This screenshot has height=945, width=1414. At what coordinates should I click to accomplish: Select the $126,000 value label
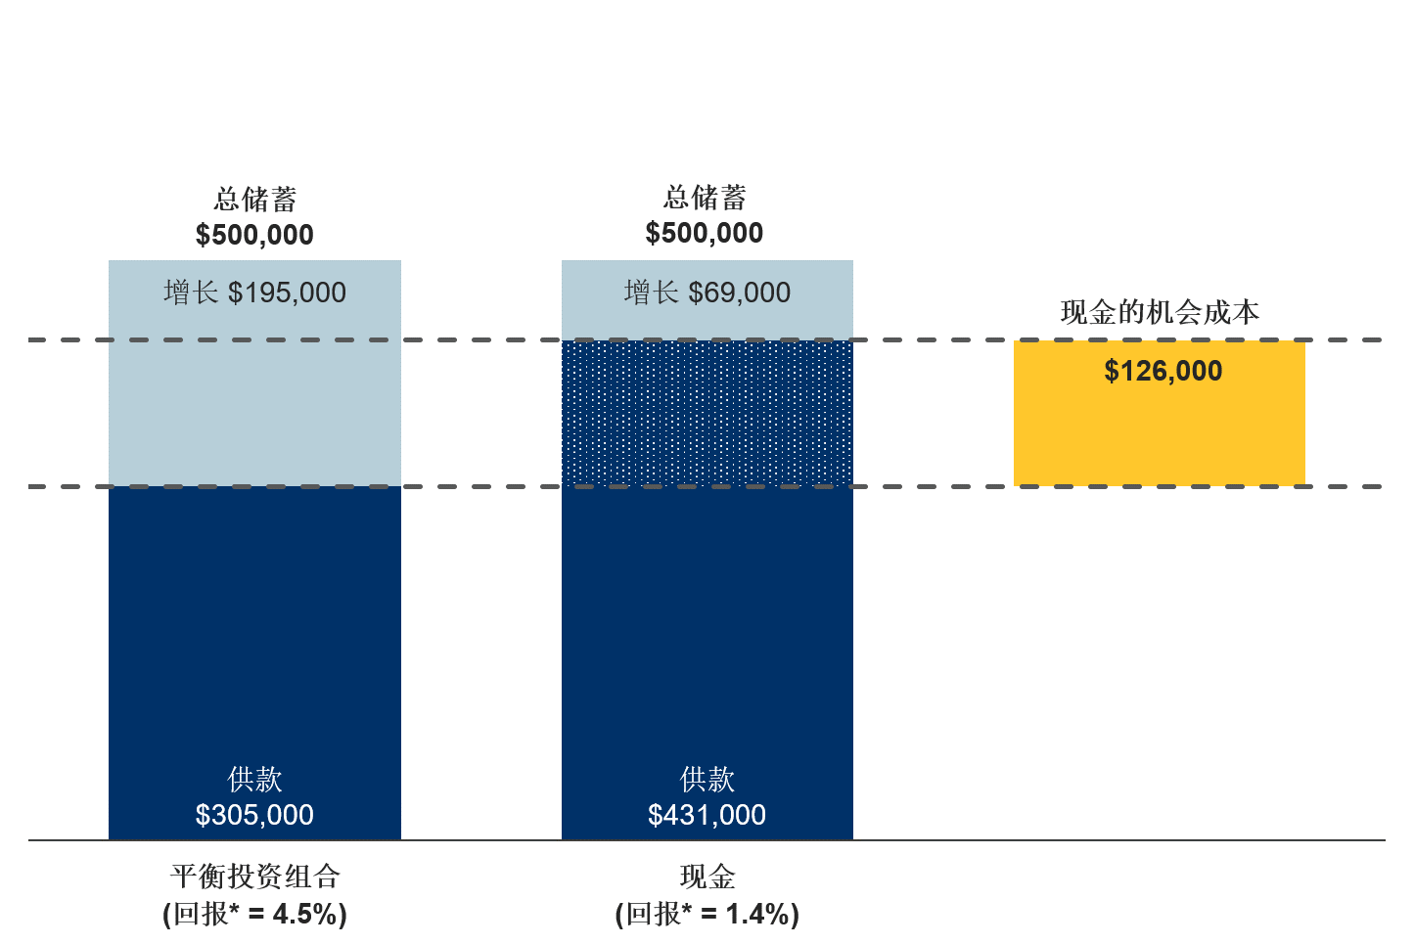click(x=1163, y=372)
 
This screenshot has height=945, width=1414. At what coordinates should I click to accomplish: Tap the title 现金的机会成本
click(x=1160, y=313)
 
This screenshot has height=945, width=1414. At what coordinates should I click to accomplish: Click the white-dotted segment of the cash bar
click(x=707, y=413)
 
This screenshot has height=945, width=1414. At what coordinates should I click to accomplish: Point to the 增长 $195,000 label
click(x=254, y=292)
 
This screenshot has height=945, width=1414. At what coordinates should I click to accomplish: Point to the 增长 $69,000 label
click(x=707, y=292)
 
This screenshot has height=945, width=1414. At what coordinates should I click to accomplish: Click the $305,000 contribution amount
click(x=254, y=815)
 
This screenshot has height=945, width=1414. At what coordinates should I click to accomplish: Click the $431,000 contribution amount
click(x=707, y=815)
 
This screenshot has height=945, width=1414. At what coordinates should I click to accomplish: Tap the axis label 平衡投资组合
click(x=254, y=877)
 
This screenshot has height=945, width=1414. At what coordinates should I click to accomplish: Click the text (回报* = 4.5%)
click(x=254, y=915)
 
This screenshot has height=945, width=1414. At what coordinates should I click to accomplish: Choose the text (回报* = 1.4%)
click(x=707, y=915)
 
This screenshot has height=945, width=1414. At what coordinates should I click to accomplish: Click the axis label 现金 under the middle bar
click(x=707, y=877)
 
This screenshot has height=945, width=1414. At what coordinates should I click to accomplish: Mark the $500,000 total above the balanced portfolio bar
click(x=254, y=235)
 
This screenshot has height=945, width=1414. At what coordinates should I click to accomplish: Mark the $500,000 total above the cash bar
click(x=704, y=233)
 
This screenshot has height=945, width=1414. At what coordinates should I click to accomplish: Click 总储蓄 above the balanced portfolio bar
click(x=254, y=200)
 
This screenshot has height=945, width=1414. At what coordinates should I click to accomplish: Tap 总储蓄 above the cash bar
click(x=704, y=198)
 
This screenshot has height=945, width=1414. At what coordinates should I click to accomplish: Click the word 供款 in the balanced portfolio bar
click(x=254, y=780)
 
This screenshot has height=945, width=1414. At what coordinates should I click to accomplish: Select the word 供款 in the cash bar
click(x=707, y=780)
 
